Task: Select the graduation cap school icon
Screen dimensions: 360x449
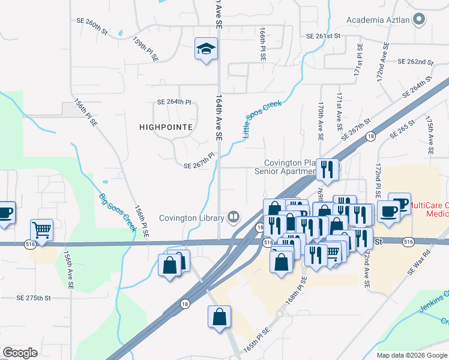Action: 206,49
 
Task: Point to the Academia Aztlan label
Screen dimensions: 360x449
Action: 378,20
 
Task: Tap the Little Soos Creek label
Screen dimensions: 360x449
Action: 262,120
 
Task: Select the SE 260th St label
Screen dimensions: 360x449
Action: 92,25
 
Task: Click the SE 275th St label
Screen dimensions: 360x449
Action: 34,298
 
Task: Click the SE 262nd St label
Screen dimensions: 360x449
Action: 416,62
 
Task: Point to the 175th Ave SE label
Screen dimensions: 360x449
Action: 430,136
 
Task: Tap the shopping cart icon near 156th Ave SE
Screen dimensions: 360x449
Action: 42,229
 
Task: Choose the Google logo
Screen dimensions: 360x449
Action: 20,352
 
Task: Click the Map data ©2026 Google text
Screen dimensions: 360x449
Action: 411,355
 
